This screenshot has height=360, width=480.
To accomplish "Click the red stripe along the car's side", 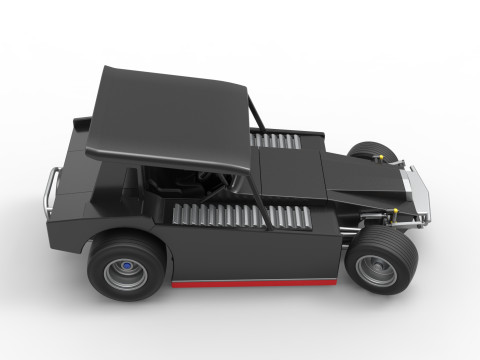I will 255,283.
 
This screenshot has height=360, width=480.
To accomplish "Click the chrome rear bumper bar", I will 51,189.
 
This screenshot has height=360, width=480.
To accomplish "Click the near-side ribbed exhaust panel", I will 235,214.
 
